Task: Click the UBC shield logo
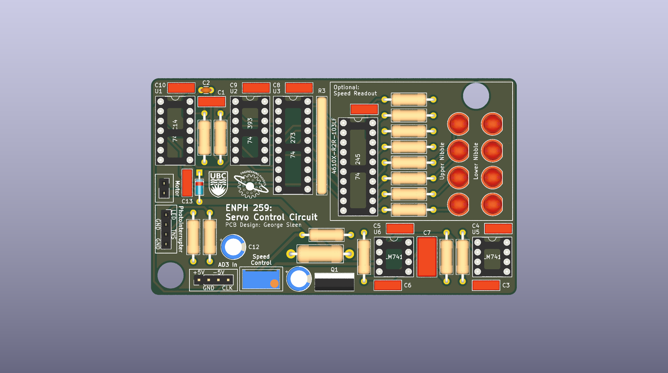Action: [x=218, y=184]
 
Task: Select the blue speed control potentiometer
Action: [x=261, y=279]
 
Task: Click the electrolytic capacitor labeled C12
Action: [x=233, y=247]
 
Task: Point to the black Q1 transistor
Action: [x=334, y=282]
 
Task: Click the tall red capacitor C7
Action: [x=427, y=257]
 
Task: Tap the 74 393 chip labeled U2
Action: [x=250, y=131]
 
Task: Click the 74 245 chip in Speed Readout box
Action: [x=358, y=167]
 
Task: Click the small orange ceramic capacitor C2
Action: [x=206, y=90]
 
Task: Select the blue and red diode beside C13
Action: [x=199, y=187]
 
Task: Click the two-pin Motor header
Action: [x=164, y=188]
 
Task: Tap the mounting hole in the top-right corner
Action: [x=476, y=96]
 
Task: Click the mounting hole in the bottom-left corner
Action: [x=171, y=275]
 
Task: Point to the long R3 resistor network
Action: [x=322, y=145]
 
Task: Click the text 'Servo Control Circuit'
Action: [x=271, y=217]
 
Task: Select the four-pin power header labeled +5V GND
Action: [x=213, y=280]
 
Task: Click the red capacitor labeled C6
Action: [x=388, y=285]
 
